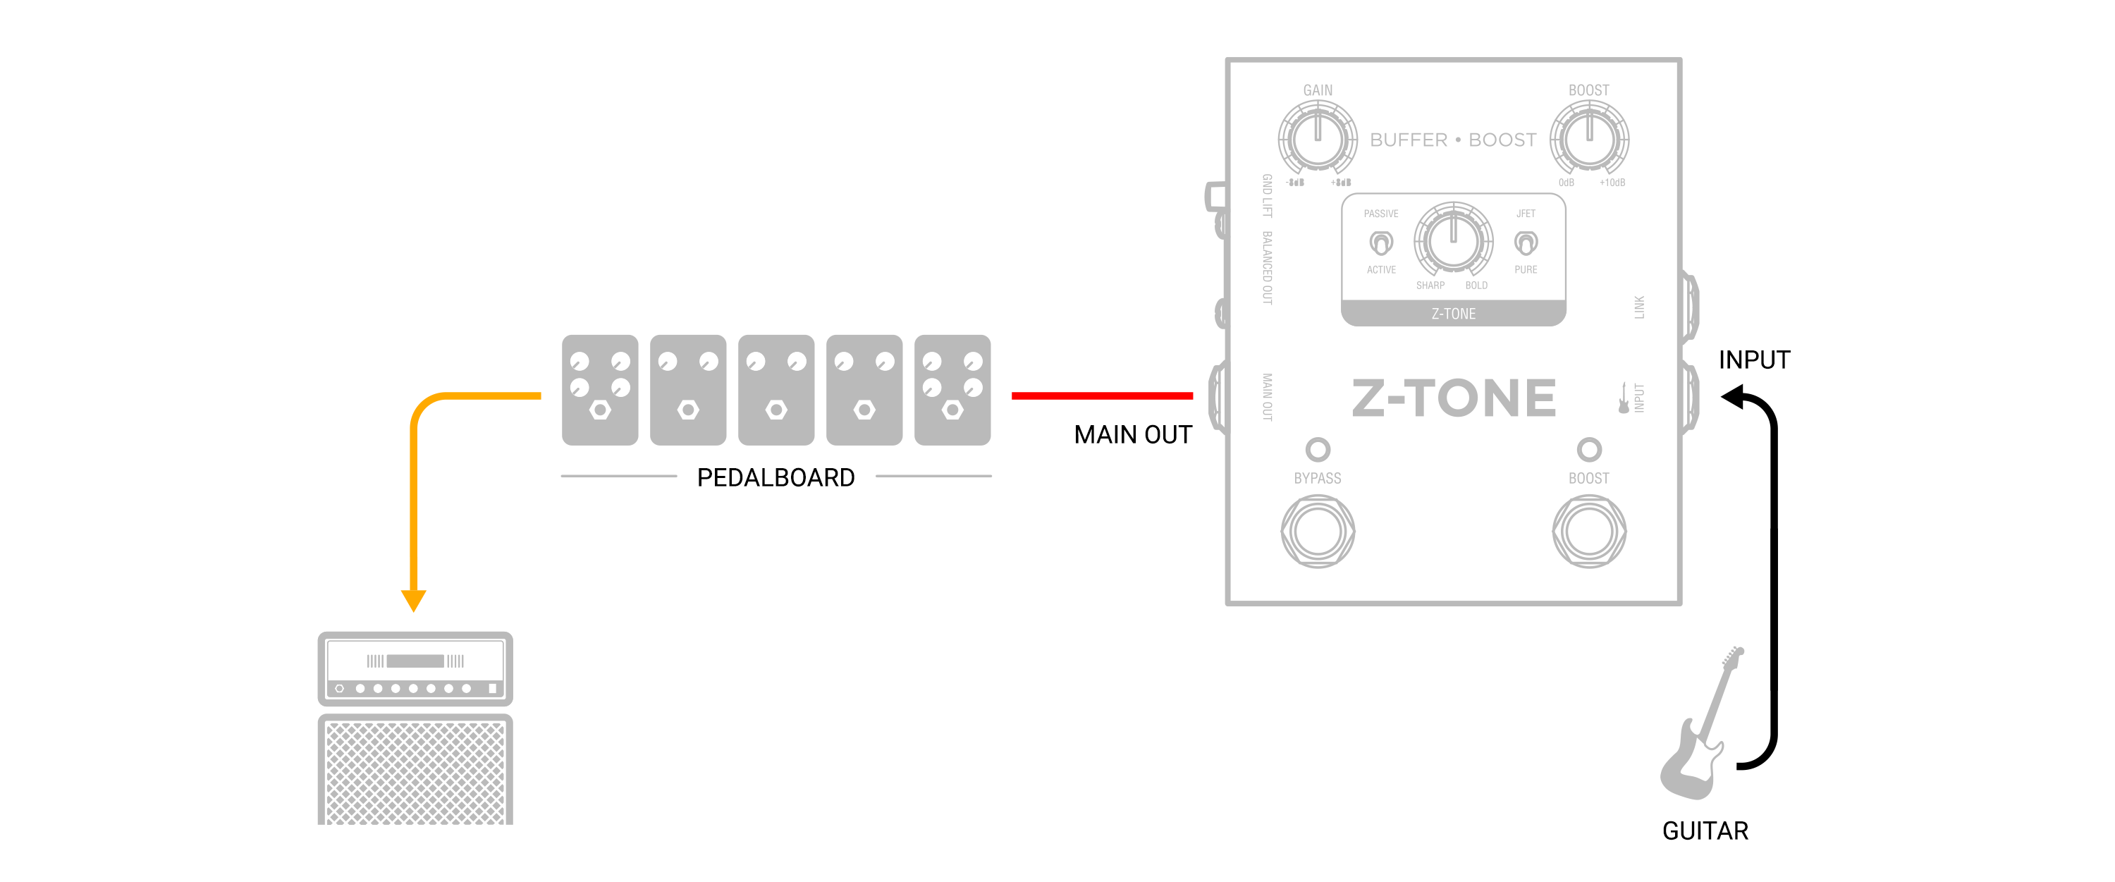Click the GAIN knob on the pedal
[1317, 139]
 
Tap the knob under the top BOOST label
[1588, 139]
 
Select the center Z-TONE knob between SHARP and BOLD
[1452, 240]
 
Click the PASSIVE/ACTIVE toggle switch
[1381, 243]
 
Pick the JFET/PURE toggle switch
[1526, 243]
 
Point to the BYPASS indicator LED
[1318, 449]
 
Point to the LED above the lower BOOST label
[1588, 449]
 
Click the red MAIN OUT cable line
[1102, 396]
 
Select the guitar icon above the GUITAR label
[1696, 728]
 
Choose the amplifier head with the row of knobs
[415, 668]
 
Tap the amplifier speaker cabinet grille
[415, 772]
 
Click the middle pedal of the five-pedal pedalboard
[776, 390]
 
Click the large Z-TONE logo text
[1453, 398]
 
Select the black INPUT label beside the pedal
[1754, 360]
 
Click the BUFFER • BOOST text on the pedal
[1452, 140]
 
